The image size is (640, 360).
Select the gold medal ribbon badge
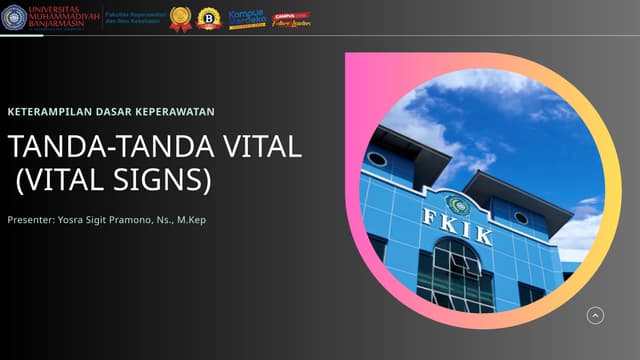tap(181, 19)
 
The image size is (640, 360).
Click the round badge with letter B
tap(209, 19)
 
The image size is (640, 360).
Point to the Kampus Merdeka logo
tap(247, 19)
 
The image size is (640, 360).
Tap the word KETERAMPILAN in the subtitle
tap(49, 111)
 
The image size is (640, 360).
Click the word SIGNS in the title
tap(175, 181)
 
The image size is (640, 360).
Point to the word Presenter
tap(30, 219)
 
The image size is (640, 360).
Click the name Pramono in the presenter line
tap(133, 219)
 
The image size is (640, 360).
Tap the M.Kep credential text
tap(191, 219)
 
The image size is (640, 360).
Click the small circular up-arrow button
tap(595, 316)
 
